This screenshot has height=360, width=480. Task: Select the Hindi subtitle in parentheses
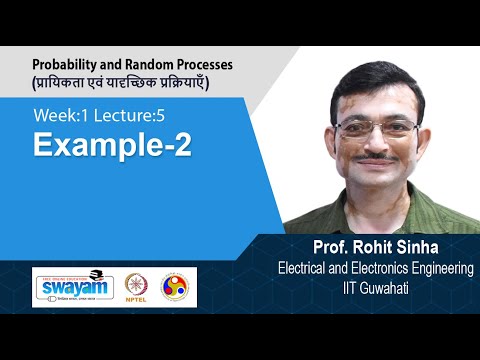coord(131,80)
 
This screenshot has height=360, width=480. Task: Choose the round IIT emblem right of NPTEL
coord(179,287)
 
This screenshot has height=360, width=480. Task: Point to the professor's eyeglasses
coord(377,128)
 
